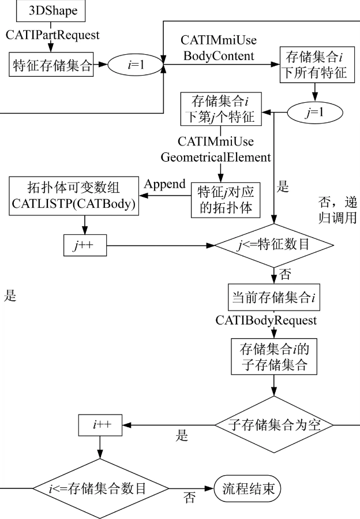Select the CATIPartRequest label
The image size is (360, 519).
tap(53, 35)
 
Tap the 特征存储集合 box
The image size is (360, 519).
tap(52, 65)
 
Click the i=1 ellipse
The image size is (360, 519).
tap(136, 65)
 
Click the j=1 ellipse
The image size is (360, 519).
tap(314, 113)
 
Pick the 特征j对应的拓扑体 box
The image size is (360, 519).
tap(225, 200)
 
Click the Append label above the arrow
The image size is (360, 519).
tap(164, 185)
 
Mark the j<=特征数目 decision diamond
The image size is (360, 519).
tap(273, 244)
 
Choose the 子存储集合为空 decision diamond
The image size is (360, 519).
tap(275, 424)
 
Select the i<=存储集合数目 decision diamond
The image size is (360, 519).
tap(100, 490)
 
